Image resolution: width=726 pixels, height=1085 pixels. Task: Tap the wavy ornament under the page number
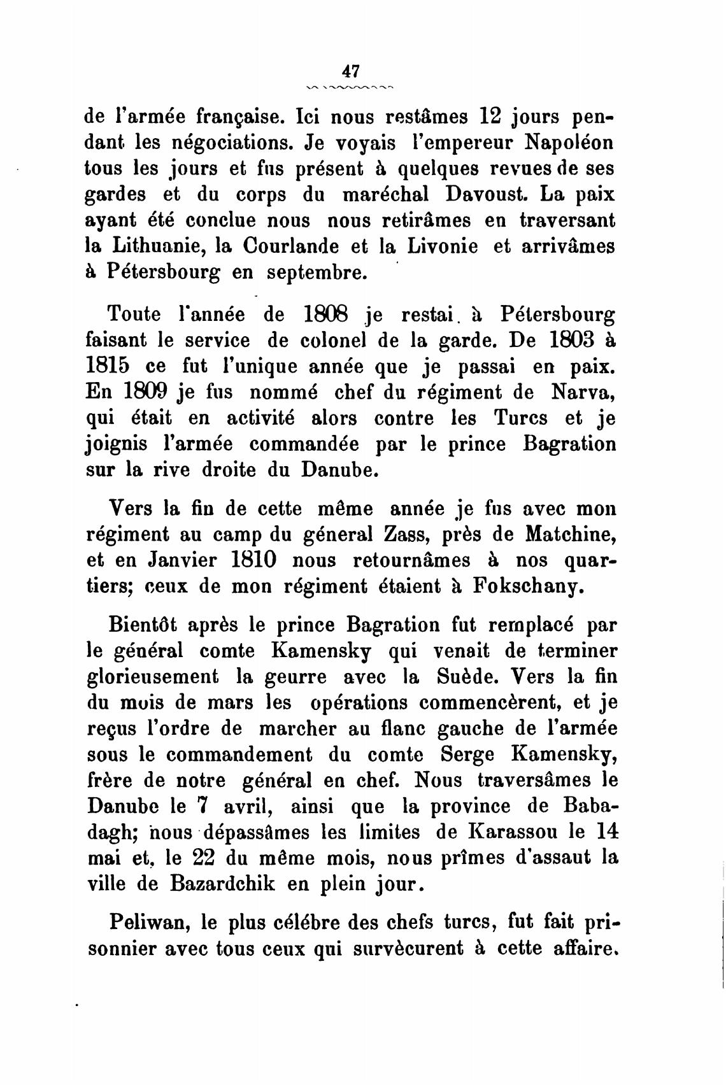[351, 86]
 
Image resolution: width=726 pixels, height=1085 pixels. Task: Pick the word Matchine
[570, 535]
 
